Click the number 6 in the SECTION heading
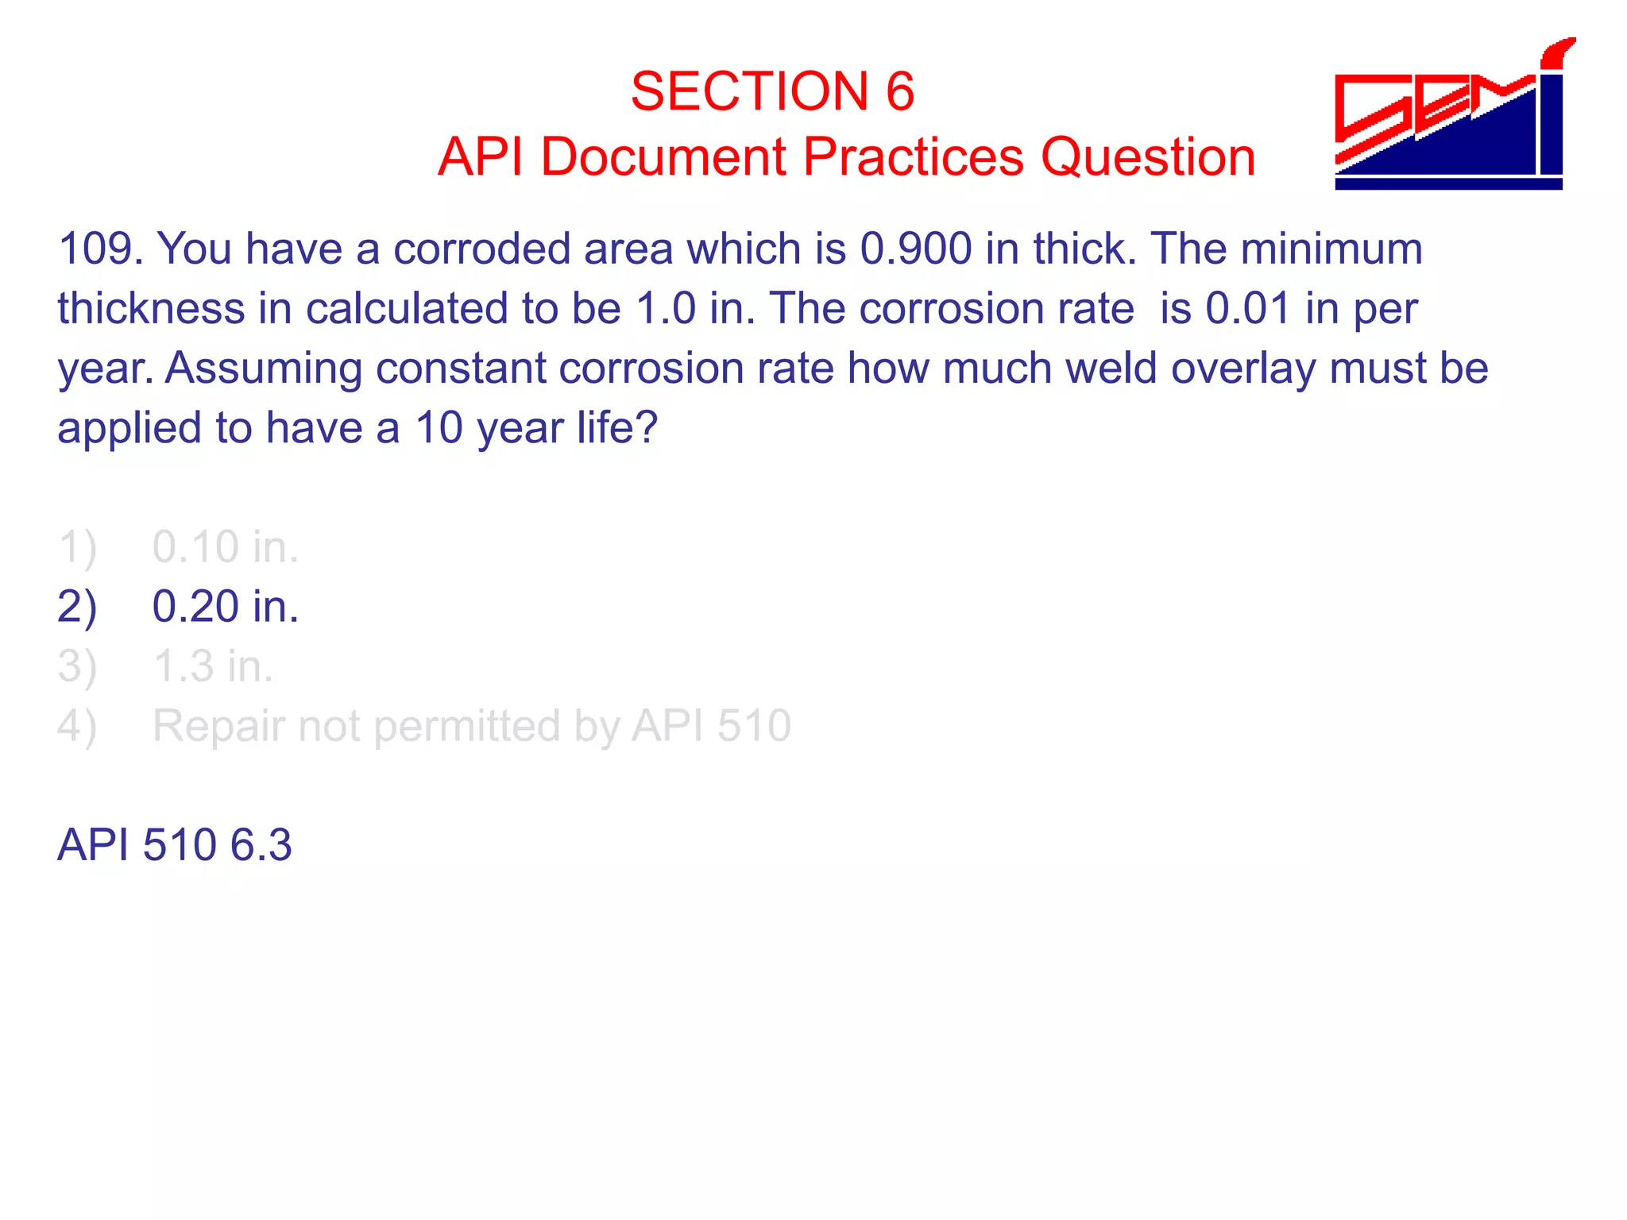click(x=899, y=91)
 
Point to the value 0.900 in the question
click(x=915, y=249)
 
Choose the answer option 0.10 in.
click(x=226, y=547)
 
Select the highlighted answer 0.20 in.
click(x=226, y=607)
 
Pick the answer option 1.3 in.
click(x=213, y=666)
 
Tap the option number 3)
click(x=77, y=666)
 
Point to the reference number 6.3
click(x=261, y=844)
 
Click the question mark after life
click(x=647, y=428)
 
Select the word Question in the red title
click(x=1148, y=156)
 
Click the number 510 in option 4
click(x=753, y=726)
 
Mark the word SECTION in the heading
click(x=750, y=91)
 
